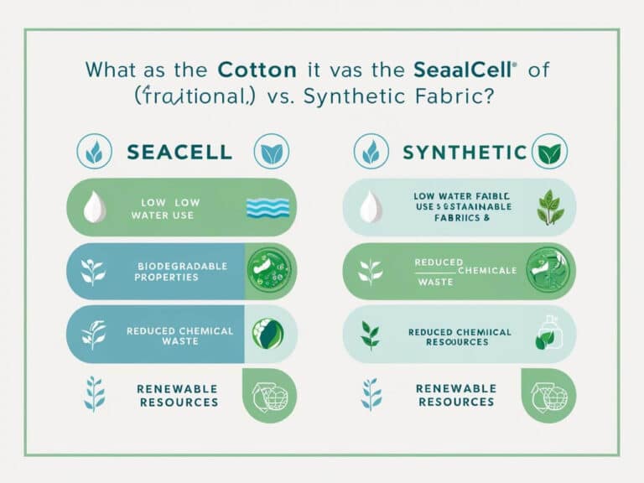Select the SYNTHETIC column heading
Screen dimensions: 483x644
coord(465,152)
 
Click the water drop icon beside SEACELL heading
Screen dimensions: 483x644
coord(95,152)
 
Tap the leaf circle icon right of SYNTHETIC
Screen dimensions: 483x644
coord(551,152)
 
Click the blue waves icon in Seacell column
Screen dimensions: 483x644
coord(268,208)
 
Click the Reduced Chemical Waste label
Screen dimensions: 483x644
coord(179,335)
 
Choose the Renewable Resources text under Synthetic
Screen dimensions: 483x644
coord(457,395)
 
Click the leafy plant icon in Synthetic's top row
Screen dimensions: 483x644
coord(550,205)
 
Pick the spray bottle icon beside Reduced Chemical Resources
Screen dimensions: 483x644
coord(545,334)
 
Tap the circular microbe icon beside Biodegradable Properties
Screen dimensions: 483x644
coord(268,270)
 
